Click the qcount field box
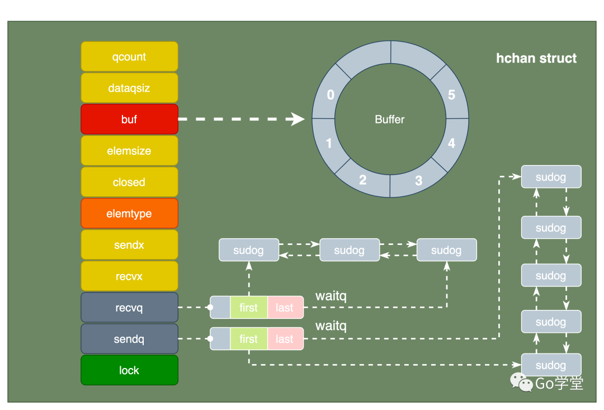[129, 56]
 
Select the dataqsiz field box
[129, 88]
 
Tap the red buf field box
[129, 119]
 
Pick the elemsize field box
[129, 150]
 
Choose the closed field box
[129, 182]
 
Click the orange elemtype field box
[129, 213]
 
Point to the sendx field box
[129, 244]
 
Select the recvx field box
[129, 276]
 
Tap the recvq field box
[129, 307]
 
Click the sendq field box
[129, 338]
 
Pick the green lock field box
[129, 370]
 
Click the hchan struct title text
[536, 58]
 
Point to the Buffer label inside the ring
[389, 119]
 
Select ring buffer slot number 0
[330, 95]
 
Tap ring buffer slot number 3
[418, 181]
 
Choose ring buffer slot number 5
[451, 95]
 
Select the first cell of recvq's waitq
[248, 307]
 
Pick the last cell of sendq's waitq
[285, 338]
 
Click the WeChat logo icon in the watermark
[521, 382]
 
